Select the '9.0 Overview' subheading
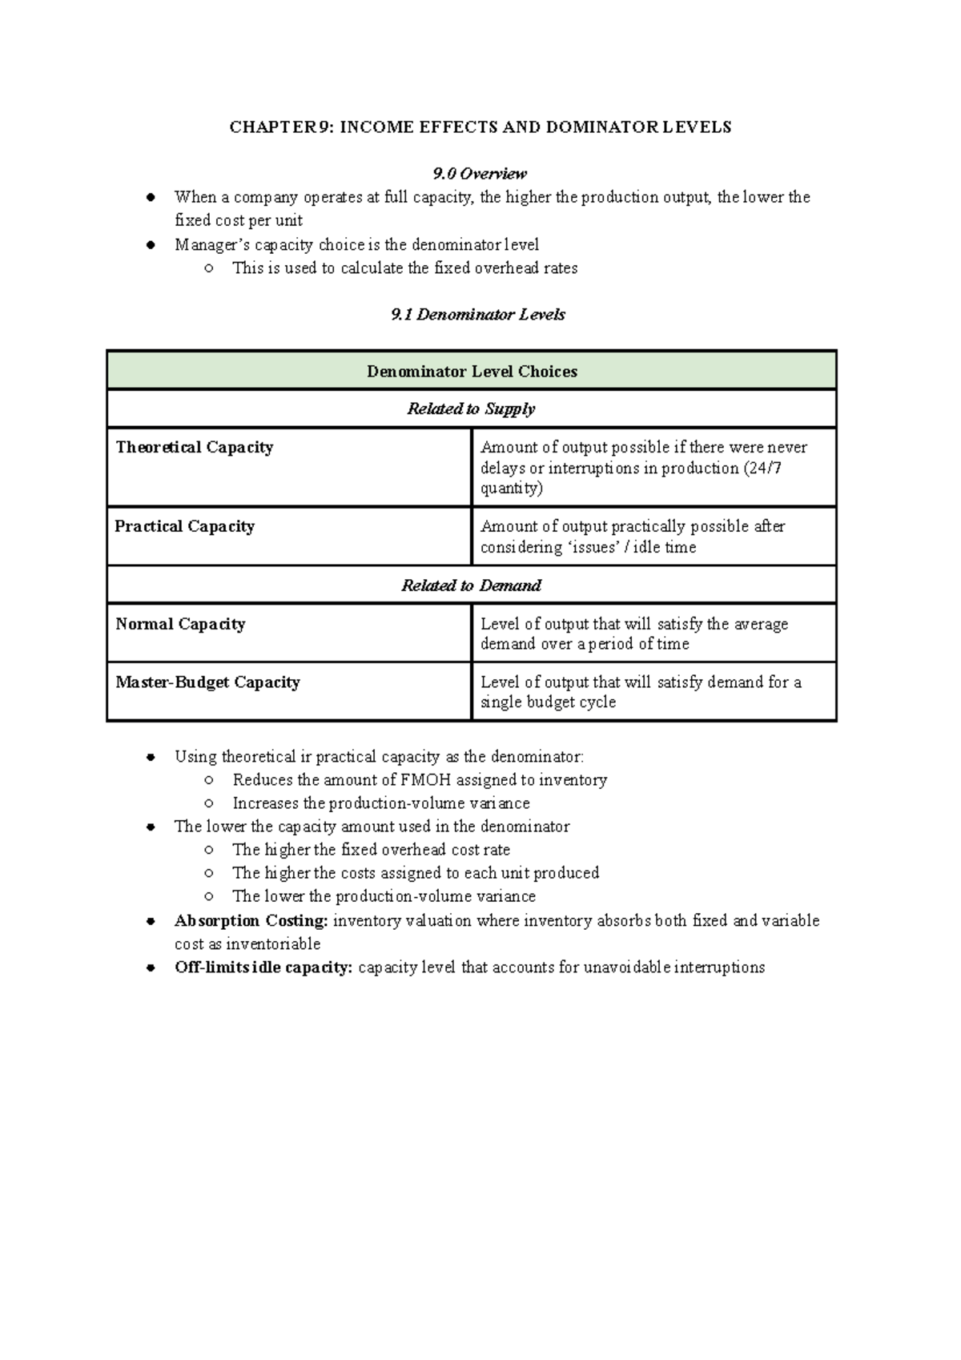pyautogui.click(x=480, y=174)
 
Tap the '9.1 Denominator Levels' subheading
pyautogui.click(x=478, y=315)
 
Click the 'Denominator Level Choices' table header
pyautogui.click(x=472, y=372)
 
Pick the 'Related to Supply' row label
pyautogui.click(x=471, y=409)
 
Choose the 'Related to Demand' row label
pyautogui.click(x=471, y=585)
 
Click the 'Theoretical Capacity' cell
pyautogui.click(x=195, y=448)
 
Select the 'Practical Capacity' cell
pyautogui.click(x=185, y=527)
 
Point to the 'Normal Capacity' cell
pyautogui.click(x=180, y=625)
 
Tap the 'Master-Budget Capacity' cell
pyautogui.click(x=208, y=683)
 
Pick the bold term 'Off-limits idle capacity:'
pyautogui.click(x=263, y=968)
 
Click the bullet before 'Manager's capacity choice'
pyautogui.click(x=150, y=245)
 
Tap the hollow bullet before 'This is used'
pyautogui.click(x=208, y=268)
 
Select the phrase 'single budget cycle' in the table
pyautogui.click(x=548, y=702)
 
